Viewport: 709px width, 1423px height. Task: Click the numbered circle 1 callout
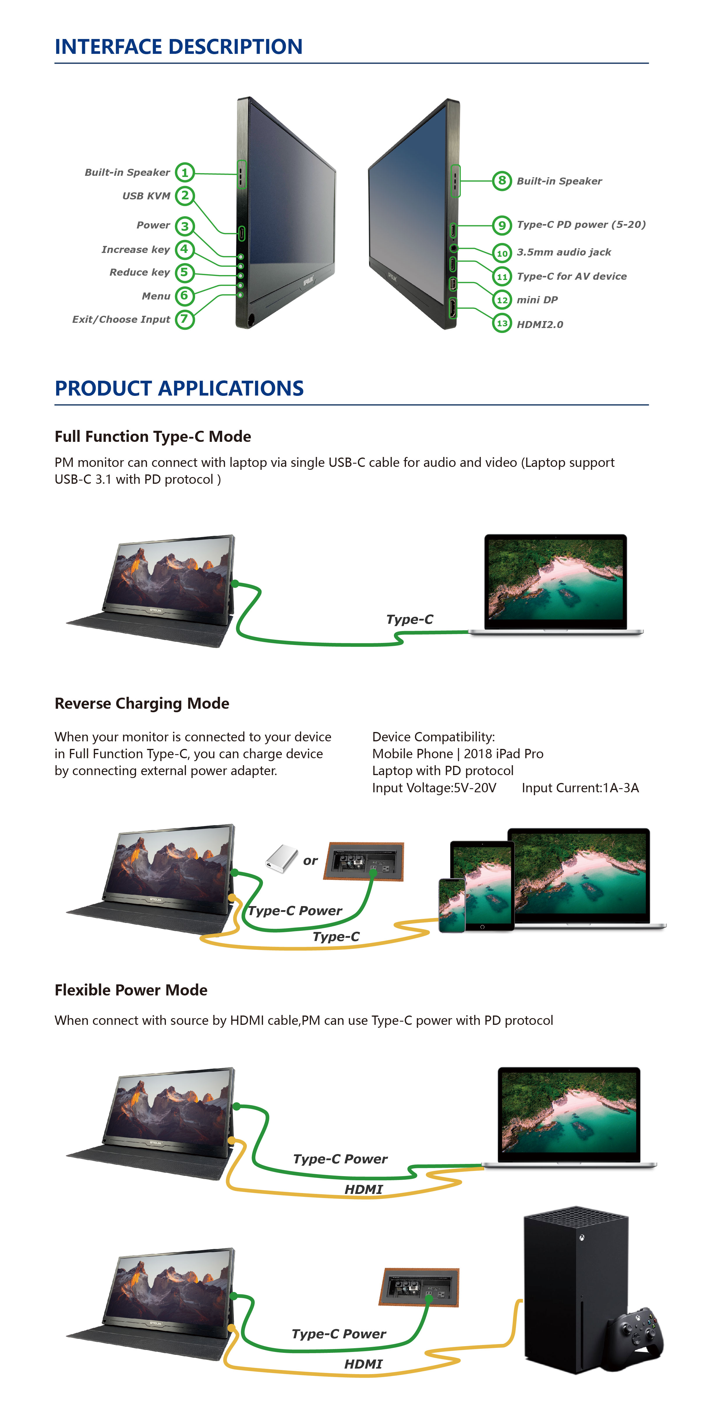185,172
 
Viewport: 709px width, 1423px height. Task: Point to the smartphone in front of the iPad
452,905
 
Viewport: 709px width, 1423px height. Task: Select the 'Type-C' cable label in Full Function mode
409,619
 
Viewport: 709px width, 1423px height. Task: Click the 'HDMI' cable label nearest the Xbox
363,1364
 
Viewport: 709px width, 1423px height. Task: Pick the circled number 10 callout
502,253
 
